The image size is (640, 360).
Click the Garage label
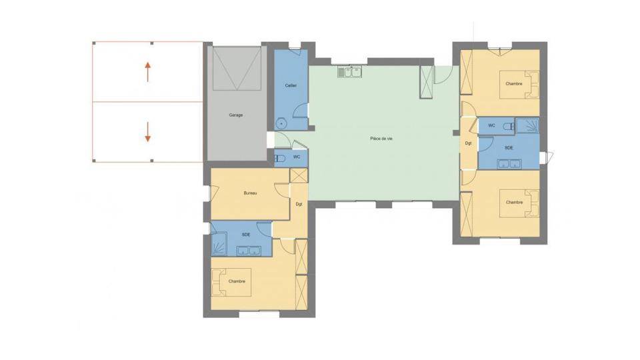click(x=236, y=115)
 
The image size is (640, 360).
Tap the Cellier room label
click(x=291, y=85)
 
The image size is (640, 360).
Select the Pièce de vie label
click(x=381, y=139)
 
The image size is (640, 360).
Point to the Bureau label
click(x=250, y=193)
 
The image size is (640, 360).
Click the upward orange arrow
click(x=148, y=72)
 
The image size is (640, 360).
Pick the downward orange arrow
click(x=148, y=132)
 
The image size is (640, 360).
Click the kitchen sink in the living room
click(x=350, y=72)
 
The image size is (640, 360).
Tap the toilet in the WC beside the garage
click(x=279, y=159)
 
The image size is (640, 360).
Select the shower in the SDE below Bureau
click(x=219, y=244)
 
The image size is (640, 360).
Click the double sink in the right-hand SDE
click(x=509, y=164)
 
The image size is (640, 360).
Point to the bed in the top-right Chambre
click(x=519, y=85)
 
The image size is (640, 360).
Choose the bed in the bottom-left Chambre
click(x=231, y=281)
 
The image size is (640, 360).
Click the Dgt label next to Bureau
click(x=299, y=205)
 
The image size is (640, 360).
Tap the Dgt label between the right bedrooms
click(x=469, y=143)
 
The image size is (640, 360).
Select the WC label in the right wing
click(x=492, y=125)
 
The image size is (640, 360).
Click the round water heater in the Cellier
click(x=281, y=123)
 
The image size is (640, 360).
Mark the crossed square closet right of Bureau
click(x=299, y=175)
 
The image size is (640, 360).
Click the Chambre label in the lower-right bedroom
click(x=514, y=203)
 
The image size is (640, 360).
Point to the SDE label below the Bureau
click(x=246, y=235)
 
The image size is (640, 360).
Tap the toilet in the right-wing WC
click(x=509, y=127)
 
